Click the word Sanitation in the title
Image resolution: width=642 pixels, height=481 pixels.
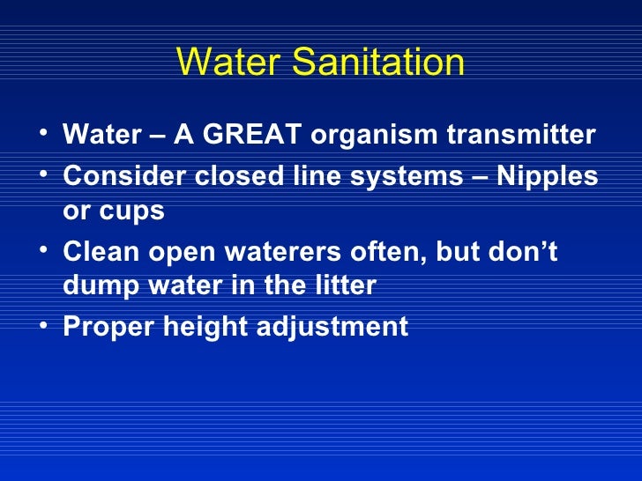[379, 63]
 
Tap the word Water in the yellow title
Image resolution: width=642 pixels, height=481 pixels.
[230, 63]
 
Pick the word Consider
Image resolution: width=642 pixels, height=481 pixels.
[115, 175]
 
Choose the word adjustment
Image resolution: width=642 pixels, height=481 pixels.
[335, 328]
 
